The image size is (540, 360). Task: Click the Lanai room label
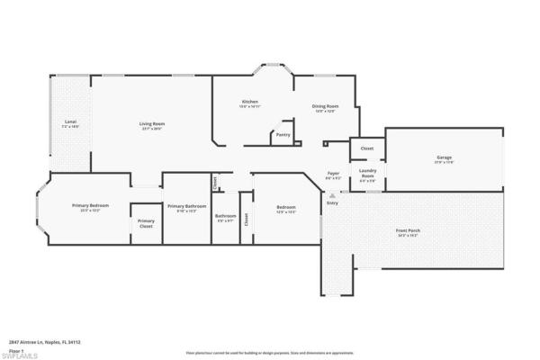coord(70,121)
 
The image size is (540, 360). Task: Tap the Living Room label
coord(151,123)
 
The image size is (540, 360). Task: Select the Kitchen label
coord(250,102)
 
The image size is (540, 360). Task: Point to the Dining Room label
coord(325,106)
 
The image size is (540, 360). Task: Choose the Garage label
coord(444,157)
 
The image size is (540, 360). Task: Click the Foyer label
coord(333,173)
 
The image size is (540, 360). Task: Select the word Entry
coord(332,202)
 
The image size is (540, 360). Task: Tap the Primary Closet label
coord(146,223)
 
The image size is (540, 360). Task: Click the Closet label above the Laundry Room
coord(367,148)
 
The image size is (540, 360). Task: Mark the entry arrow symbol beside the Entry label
coord(332,194)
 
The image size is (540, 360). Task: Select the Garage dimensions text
coord(444,162)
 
